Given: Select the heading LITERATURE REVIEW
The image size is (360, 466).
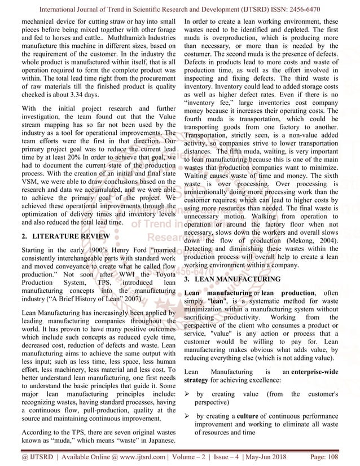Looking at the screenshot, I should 61,236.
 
